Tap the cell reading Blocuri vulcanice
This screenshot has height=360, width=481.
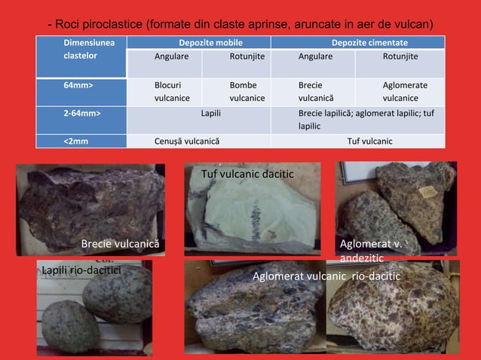[171, 91]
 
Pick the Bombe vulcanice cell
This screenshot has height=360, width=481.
[247, 91]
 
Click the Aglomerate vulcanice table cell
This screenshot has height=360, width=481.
[404, 91]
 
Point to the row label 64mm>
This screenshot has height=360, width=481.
[78, 85]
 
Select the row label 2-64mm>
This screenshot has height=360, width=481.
[81, 112]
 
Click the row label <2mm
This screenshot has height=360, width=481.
[75, 140]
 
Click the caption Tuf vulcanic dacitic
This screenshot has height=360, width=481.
[247, 175]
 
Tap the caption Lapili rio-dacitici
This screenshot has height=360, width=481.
[81, 269]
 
